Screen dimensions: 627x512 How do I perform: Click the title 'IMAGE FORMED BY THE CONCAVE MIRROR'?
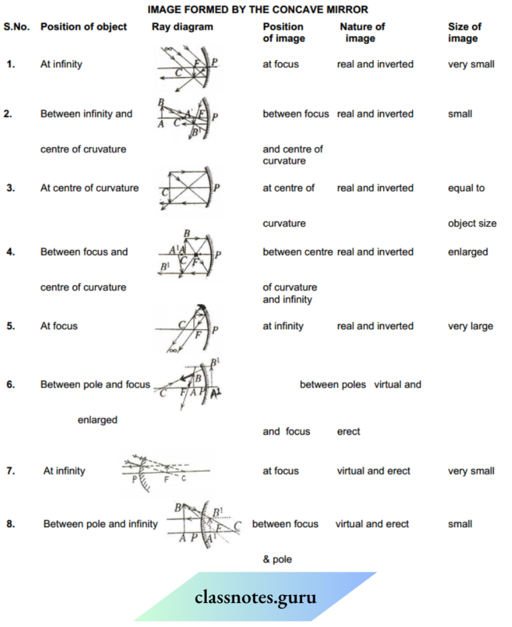pyautogui.click(x=257, y=10)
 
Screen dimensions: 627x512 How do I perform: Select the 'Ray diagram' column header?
pyautogui.click(x=182, y=27)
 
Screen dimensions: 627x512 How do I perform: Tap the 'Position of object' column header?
pyautogui.click(x=83, y=27)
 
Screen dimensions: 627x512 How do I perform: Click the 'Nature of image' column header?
pyautogui.click(x=362, y=32)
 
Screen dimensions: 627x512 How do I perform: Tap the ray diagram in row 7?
pyautogui.click(x=167, y=473)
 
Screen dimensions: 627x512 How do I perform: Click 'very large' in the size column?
pyautogui.click(x=471, y=326)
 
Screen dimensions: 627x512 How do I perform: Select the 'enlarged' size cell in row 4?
pyautogui.click(x=468, y=252)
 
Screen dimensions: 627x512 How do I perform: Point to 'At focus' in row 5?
pyautogui.click(x=59, y=326)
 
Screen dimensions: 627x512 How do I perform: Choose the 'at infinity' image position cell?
pyautogui.click(x=283, y=326)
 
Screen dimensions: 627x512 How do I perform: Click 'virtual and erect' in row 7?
pyautogui.click(x=373, y=470)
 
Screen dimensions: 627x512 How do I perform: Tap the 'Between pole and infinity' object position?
pyautogui.click(x=100, y=524)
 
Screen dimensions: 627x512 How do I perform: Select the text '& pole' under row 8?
pyautogui.click(x=277, y=559)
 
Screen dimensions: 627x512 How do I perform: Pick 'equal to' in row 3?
pyautogui.click(x=466, y=188)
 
